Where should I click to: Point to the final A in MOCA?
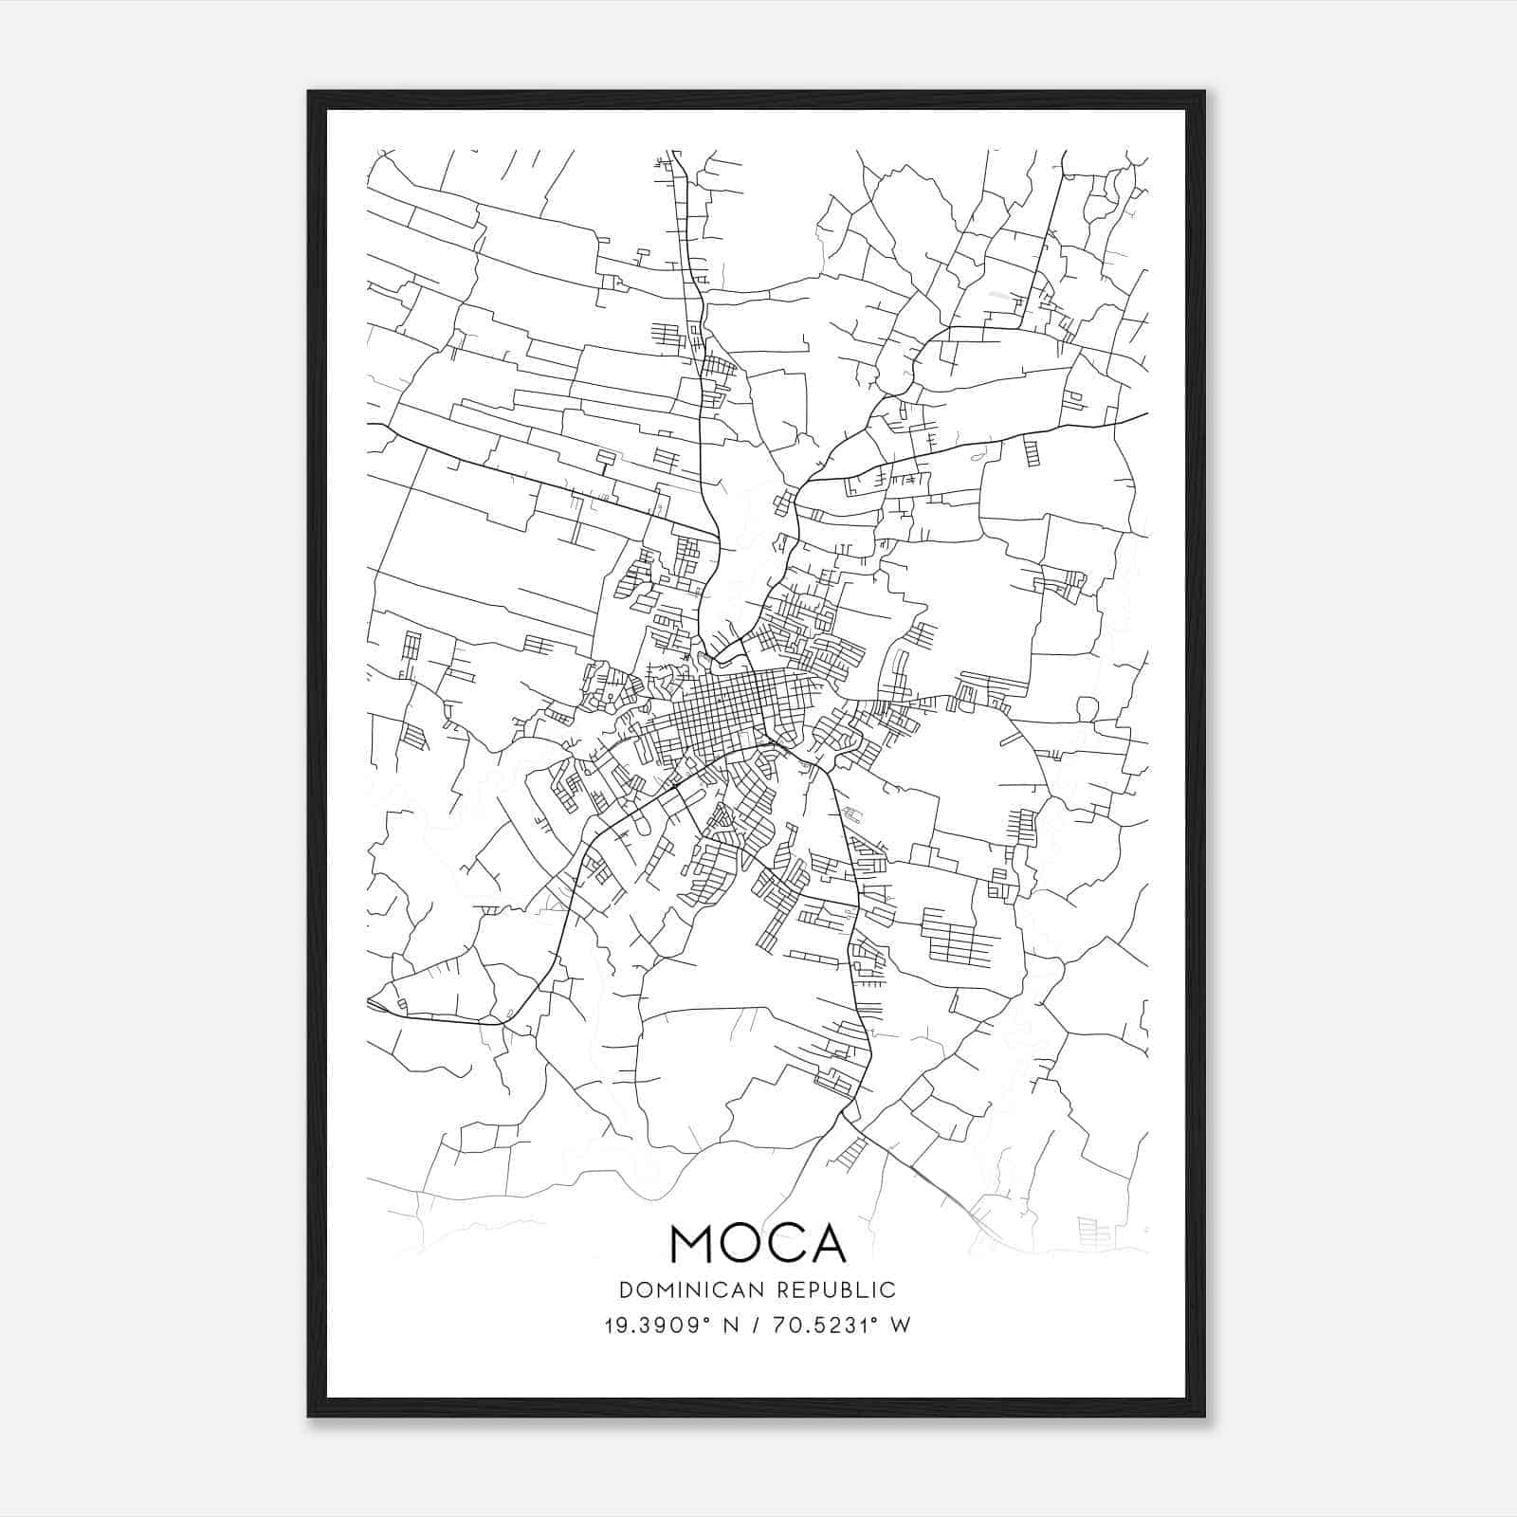pos(826,1244)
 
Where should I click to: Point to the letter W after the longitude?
pos(901,1325)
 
